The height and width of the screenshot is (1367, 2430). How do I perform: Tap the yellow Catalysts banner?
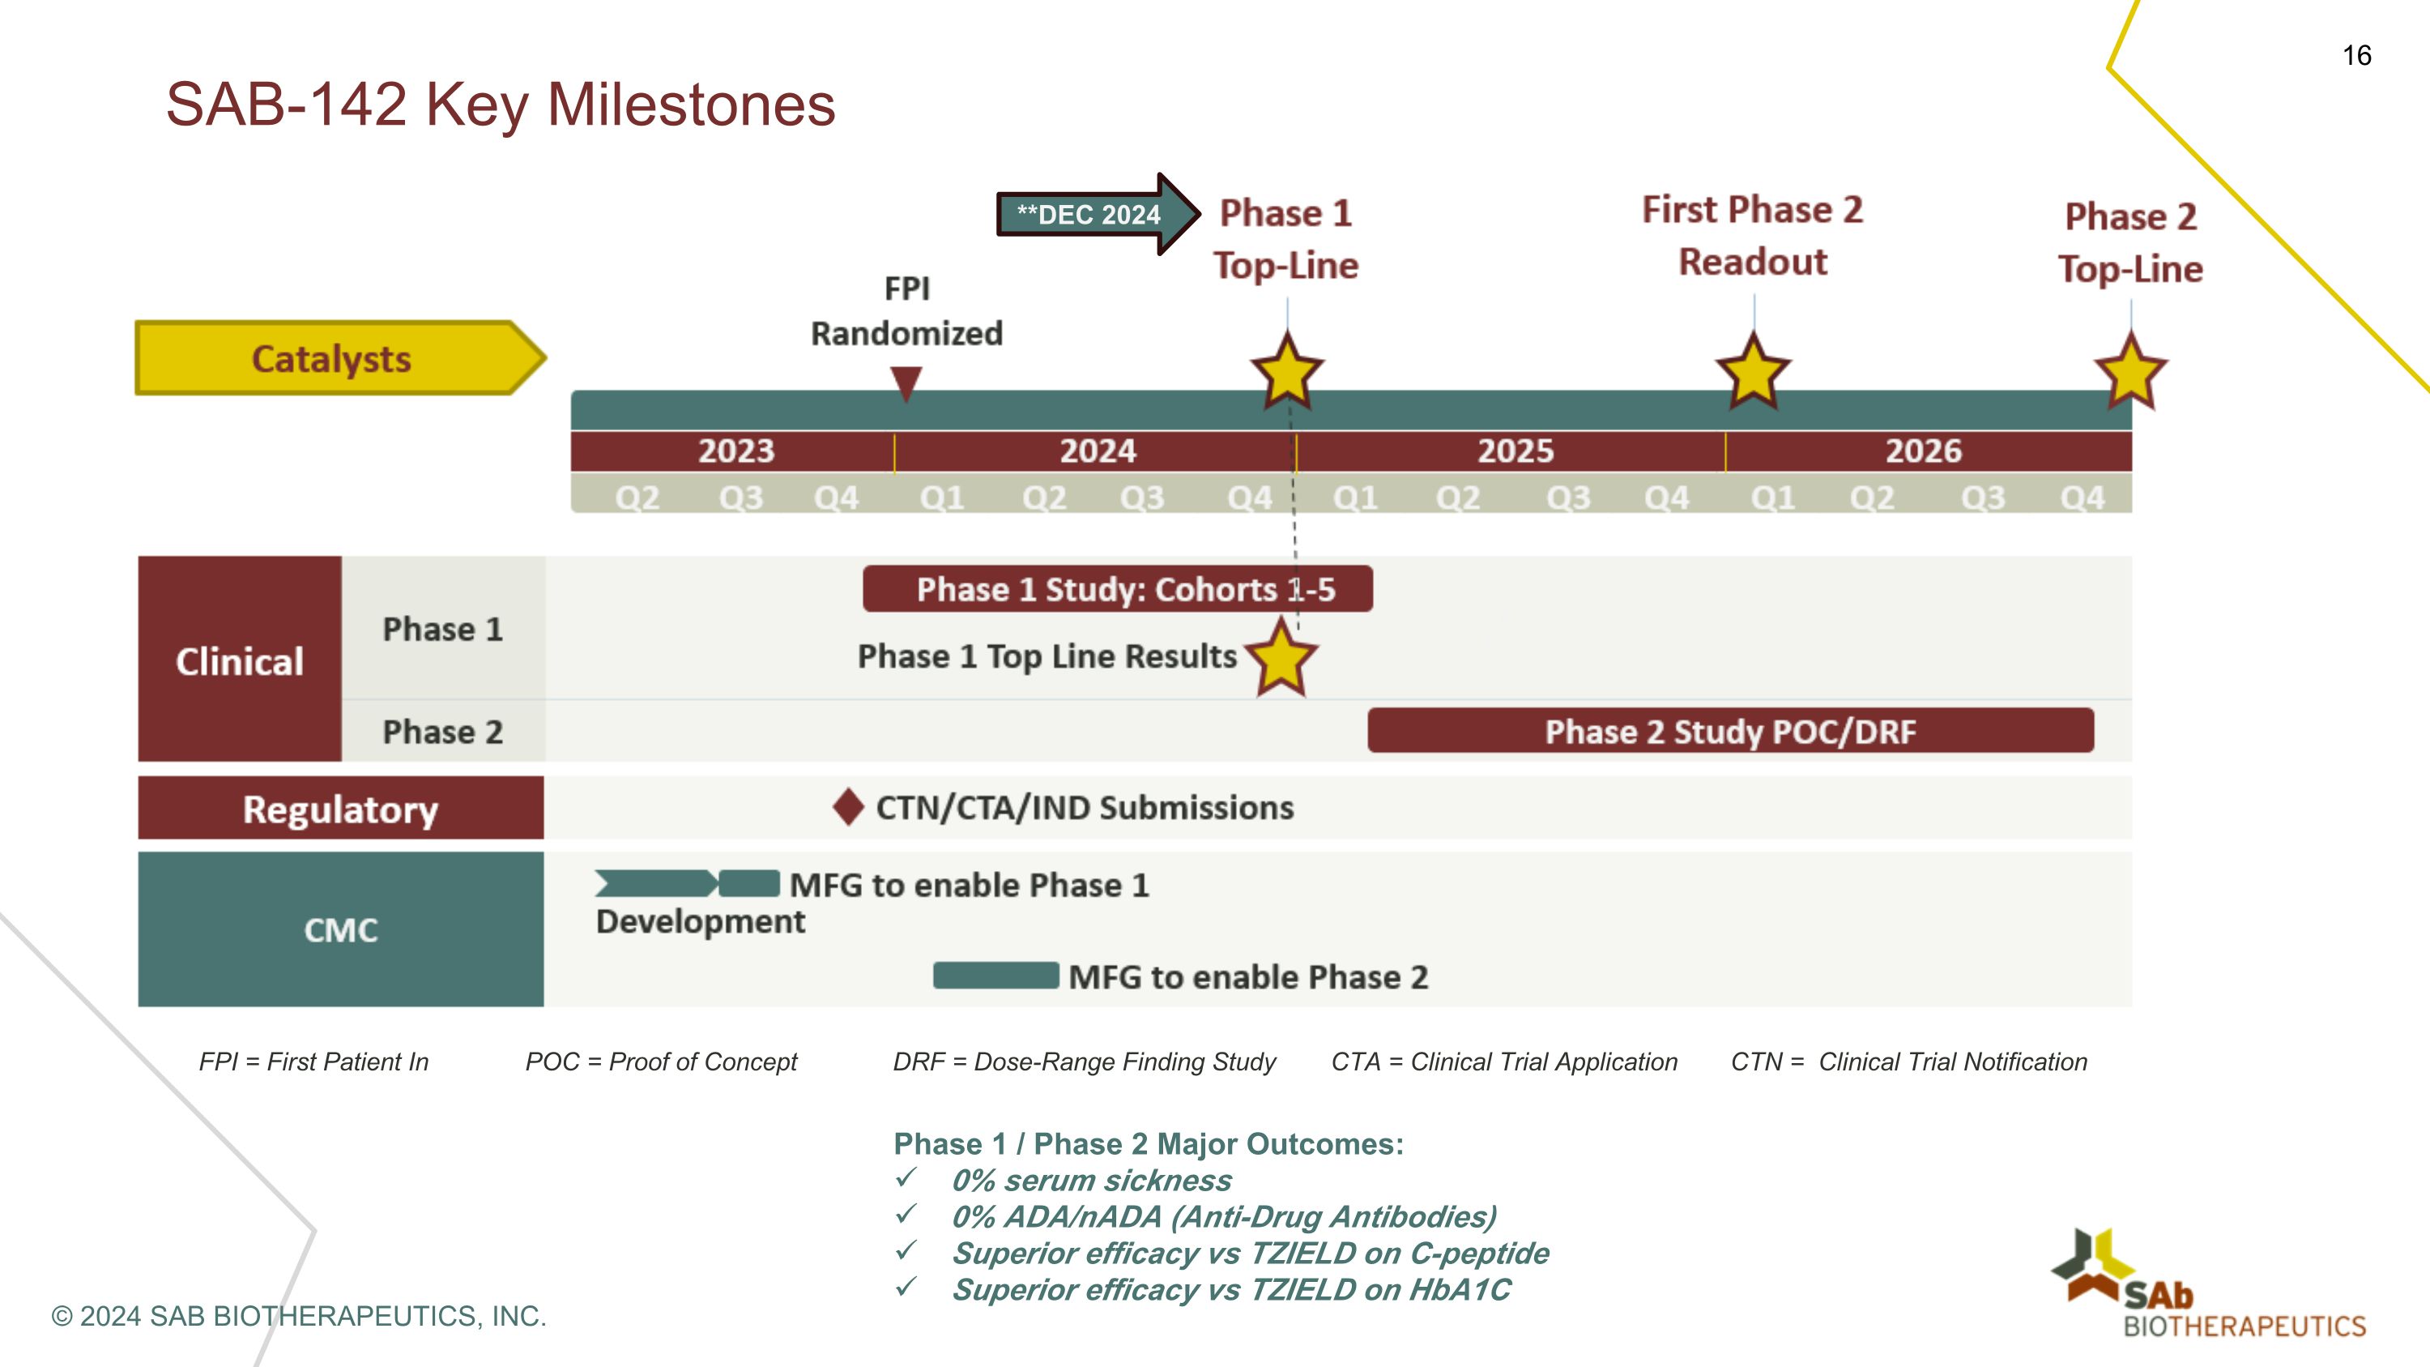(332, 358)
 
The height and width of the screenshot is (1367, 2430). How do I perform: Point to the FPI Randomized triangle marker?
(906, 383)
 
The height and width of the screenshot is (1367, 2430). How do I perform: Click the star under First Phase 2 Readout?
(1753, 371)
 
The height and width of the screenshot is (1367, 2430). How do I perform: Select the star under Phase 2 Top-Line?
(2130, 371)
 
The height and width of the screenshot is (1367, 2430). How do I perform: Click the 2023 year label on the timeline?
(735, 451)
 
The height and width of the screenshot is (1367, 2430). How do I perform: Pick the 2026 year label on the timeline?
(1924, 451)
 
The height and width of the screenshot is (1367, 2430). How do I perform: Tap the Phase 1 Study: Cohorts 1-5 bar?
(1117, 588)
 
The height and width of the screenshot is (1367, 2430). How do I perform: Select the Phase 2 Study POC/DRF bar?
(1730, 731)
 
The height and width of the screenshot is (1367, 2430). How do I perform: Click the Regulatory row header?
(340, 809)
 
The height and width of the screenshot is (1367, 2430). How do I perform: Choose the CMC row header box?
(340, 929)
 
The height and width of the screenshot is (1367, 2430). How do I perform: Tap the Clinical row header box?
(240, 660)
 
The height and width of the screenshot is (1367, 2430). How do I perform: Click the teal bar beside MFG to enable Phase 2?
(995, 976)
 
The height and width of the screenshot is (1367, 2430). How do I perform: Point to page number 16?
(2356, 56)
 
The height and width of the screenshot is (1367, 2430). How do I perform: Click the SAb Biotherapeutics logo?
(2207, 1286)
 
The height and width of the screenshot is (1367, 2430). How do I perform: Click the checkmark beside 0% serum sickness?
(906, 1177)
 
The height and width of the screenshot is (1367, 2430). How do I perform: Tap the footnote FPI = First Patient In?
(313, 1062)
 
